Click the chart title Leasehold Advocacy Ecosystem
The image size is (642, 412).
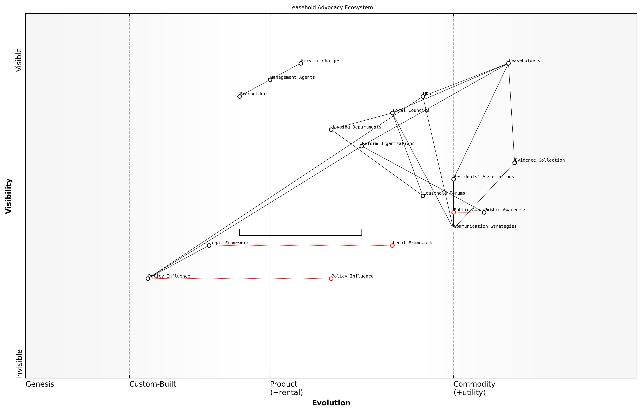(x=331, y=8)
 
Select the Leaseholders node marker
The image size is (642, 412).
(x=508, y=63)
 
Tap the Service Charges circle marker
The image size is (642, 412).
(x=301, y=63)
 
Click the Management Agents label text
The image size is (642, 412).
(x=292, y=77)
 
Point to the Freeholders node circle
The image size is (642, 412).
(x=239, y=97)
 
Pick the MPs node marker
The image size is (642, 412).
(x=423, y=97)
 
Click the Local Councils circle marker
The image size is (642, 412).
(x=392, y=113)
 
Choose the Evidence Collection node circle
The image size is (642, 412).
(x=514, y=163)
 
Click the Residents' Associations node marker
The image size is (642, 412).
(x=453, y=179)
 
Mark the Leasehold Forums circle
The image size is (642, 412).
(x=423, y=196)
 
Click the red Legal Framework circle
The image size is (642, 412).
(x=392, y=246)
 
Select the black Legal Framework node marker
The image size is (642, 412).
(x=209, y=246)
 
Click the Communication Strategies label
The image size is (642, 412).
(x=485, y=226)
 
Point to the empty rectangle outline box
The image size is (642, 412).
(x=300, y=232)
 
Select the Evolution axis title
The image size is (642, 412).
(x=331, y=403)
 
